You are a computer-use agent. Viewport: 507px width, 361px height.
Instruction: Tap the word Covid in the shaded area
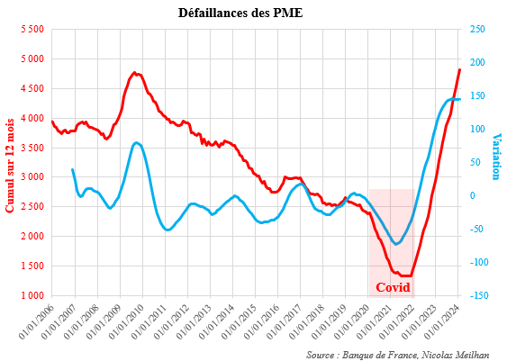click(392, 287)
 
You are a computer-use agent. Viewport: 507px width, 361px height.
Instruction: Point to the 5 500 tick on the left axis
click(31, 30)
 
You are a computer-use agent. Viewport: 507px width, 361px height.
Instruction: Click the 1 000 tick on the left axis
click(31, 295)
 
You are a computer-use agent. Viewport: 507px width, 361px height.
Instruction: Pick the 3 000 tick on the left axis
click(31, 177)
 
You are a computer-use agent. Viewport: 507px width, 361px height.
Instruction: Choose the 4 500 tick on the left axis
click(31, 89)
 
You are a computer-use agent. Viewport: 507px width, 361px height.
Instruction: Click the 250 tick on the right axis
click(477, 30)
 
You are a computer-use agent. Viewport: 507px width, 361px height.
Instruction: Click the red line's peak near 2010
click(134, 73)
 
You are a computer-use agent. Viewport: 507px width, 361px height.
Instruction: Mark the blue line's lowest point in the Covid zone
click(396, 244)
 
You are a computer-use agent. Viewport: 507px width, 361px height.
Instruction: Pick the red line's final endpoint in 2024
click(459, 69)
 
